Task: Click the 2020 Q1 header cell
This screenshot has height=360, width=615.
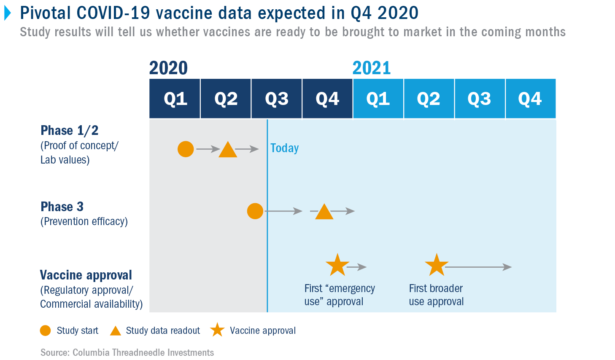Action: (175, 99)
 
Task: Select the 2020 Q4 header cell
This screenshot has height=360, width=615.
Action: (327, 99)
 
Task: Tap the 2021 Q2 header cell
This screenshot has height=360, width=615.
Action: (429, 99)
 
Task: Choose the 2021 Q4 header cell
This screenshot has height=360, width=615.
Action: (531, 99)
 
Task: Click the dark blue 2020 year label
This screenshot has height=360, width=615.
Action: (168, 68)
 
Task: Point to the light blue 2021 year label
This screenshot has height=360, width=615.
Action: (372, 68)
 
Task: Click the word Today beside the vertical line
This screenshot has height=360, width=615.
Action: (284, 148)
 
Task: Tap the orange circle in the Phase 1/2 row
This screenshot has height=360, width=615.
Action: (186, 149)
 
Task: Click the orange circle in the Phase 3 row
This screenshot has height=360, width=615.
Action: (255, 211)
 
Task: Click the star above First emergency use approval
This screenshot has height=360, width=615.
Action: (337, 265)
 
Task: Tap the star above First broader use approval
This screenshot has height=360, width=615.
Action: (437, 265)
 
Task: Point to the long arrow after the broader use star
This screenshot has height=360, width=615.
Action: (479, 267)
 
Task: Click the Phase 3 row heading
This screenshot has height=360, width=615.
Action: (62, 207)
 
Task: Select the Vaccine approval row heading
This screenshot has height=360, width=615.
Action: (86, 275)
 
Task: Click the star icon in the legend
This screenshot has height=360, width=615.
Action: (218, 330)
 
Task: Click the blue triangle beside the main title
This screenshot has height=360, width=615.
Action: (8, 13)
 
